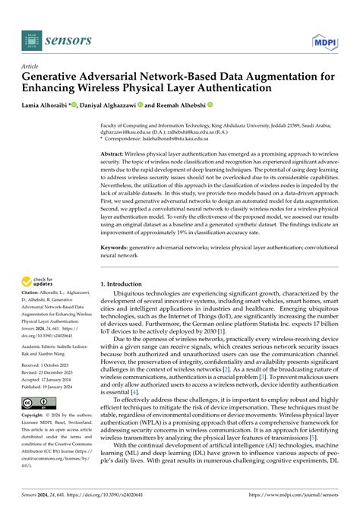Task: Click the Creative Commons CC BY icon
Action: pyautogui.click(x=36, y=402)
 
